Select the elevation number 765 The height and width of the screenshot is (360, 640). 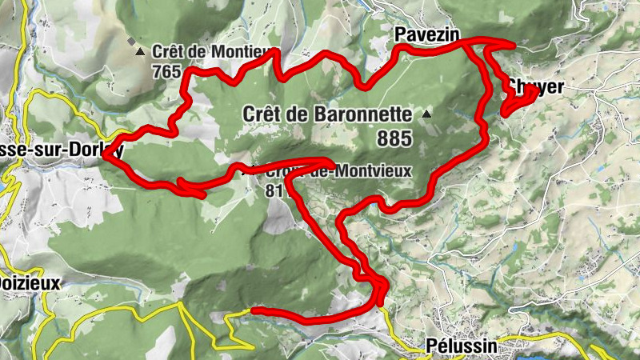(x=167, y=70)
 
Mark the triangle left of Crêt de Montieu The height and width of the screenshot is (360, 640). (x=141, y=52)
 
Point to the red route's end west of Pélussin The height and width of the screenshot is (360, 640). (x=254, y=310)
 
